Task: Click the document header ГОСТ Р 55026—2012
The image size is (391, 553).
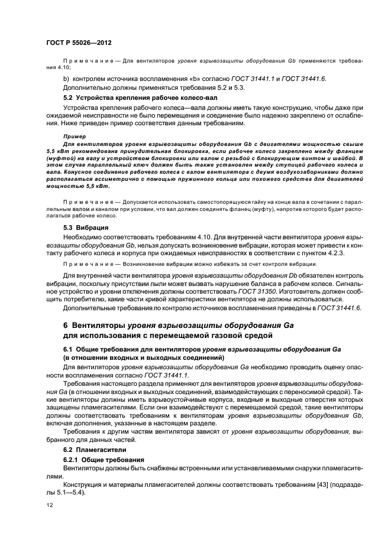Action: (x=80, y=43)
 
